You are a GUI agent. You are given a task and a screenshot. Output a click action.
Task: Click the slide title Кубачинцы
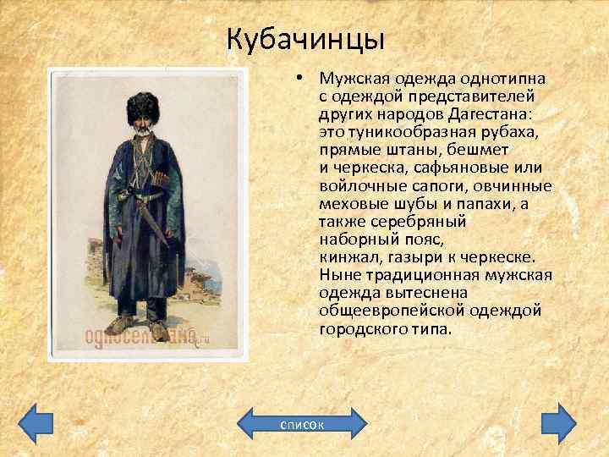[305, 39]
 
